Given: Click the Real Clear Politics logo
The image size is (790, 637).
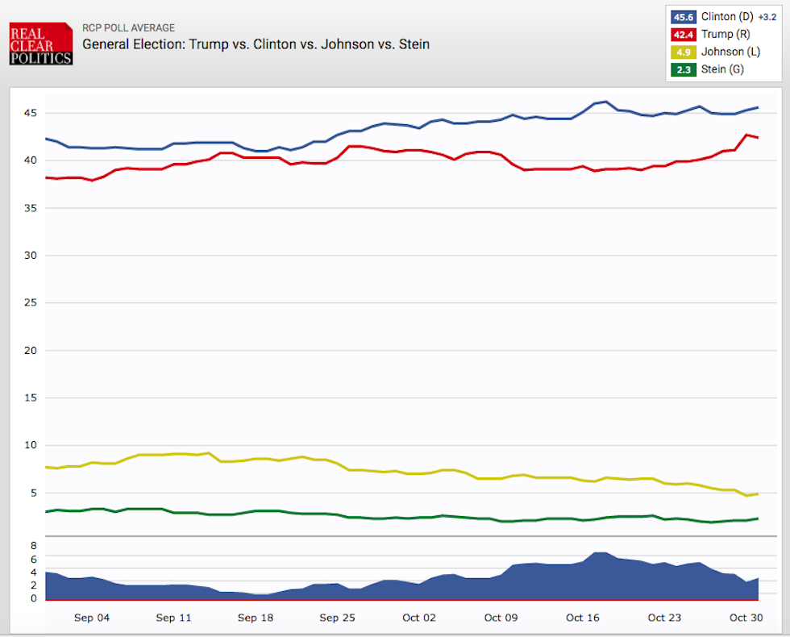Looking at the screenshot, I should [40, 44].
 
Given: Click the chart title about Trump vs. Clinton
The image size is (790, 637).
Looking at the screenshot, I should [256, 44].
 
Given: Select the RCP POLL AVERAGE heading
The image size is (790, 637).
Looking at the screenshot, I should [128, 28].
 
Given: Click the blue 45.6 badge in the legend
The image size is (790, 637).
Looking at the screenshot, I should [682, 16].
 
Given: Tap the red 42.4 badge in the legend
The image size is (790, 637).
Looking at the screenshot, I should [682, 34].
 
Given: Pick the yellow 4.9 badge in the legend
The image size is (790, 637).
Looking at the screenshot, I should [682, 52].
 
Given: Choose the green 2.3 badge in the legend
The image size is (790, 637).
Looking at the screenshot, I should [682, 69].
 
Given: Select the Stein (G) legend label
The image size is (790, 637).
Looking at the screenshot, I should [721, 69].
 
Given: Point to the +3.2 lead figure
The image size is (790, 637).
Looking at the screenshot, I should [767, 17].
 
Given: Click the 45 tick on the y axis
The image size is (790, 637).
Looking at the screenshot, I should [29, 113].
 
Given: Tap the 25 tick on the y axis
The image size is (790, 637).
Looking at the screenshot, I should [29, 303].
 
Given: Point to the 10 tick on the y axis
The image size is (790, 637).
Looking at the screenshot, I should [29, 445].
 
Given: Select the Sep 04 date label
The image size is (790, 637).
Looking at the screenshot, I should [91, 618].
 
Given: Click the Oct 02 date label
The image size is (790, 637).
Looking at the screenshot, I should [419, 618].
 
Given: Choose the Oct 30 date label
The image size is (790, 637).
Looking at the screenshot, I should [745, 618].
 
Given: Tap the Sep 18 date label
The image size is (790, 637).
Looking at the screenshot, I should [255, 618].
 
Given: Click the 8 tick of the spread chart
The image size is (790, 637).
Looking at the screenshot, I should [34, 546].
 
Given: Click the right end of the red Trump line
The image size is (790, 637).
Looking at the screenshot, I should [758, 138].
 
